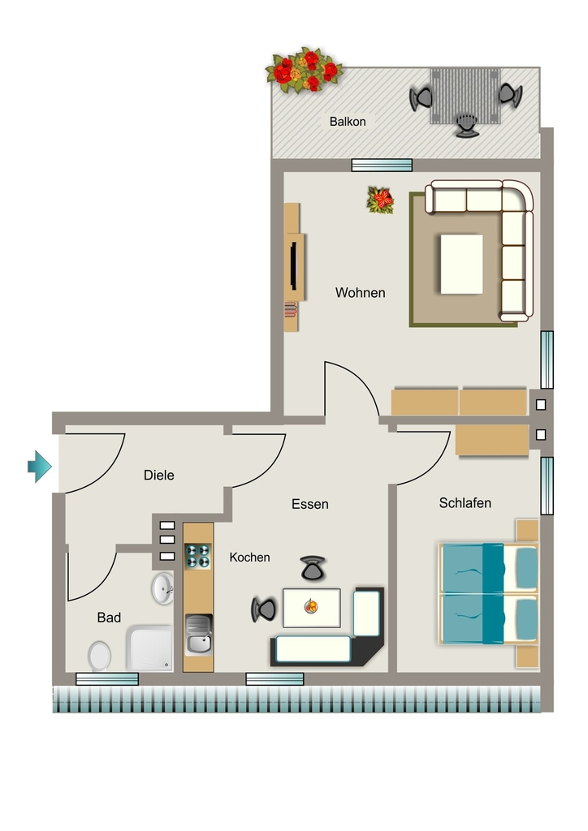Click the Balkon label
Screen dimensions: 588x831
[x=348, y=122]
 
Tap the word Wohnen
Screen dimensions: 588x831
[x=360, y=292]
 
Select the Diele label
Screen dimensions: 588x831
[x=158, y=475]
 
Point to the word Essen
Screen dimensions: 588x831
[x=309, y=504]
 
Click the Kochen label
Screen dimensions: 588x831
[x=249, y=557]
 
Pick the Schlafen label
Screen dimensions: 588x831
[x=465, y=503]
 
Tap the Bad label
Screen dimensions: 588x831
[x=109, y=618]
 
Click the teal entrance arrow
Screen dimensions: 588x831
[x=40, y=467]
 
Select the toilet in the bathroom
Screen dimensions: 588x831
[x=99, y=656]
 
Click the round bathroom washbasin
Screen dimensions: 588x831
[x=162, y=588]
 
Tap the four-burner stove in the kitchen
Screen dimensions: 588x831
[x=197, y=556]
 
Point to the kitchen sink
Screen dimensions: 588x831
[x=198, y=635]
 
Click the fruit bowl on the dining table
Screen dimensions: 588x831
[x=311, y=605]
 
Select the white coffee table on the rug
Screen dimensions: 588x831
[x=461, y=264]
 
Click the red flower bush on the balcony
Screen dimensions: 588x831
[x=305, y=71]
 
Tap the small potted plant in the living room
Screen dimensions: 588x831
[x=381, y=200]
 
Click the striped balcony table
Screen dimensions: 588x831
[x=465, y=96]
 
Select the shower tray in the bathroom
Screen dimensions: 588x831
[x=149, y=648]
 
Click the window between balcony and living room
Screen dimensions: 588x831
[x=382, y=165]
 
